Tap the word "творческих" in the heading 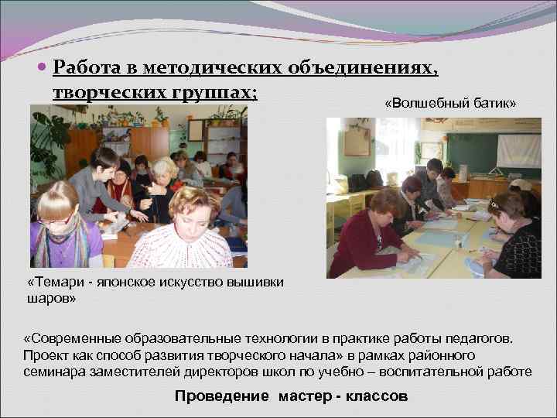[104, 91]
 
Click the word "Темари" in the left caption [60, 283]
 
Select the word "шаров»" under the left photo [51, 296]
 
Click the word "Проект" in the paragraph [46, 355]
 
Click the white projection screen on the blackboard [518, 150]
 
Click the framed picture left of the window [357, 141]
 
